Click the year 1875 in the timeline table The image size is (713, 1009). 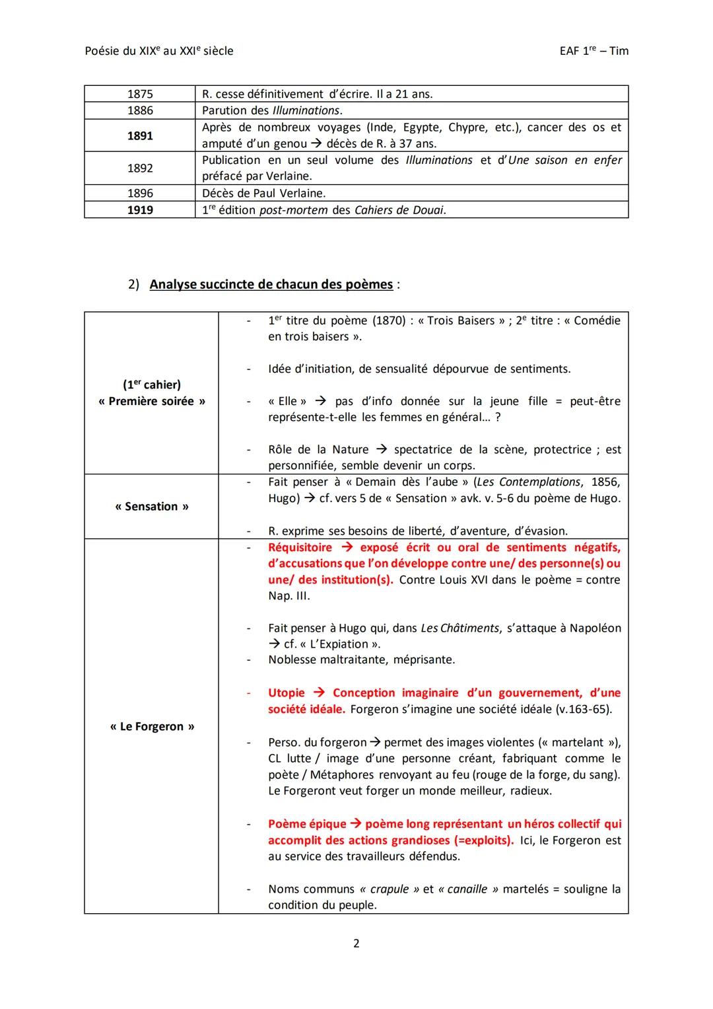[x=140, y=94]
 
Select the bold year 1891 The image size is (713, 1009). [x=140, y=135]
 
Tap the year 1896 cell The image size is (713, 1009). [x=140, y=193]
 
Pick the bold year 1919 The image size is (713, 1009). [x=140, y=210]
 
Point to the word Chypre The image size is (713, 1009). [x=467, y=127]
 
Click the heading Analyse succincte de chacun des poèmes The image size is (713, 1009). [x=271, y=284]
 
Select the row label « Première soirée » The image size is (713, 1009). [x=152, y=401]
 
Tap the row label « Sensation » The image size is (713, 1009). [x=152, y=506]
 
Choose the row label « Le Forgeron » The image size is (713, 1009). [x=152, y=726]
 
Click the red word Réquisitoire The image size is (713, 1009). [x=300, y=547]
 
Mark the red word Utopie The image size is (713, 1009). [x=287, y=692]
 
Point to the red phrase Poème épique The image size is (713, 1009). [x=307, y=824]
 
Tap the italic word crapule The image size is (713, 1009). [x=390, y=889]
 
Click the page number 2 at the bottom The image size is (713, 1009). [x=356, y=943]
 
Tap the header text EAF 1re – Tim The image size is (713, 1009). [x=590, y=51]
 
